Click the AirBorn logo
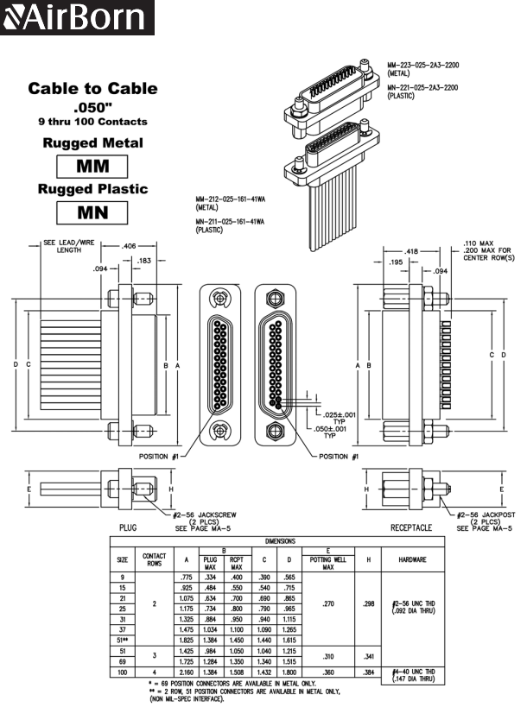77,17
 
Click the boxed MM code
92,166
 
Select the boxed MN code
92,211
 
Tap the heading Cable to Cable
92,88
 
